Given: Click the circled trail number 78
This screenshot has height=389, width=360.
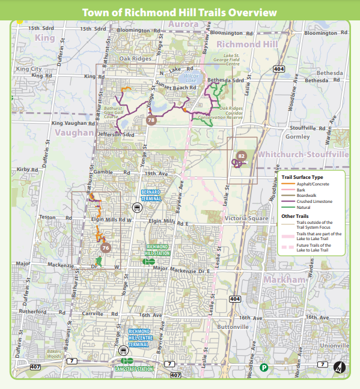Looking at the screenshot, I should (151, 120).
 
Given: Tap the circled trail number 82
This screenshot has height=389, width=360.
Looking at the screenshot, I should (242, 156).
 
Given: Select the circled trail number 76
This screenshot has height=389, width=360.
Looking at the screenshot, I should (106, 247).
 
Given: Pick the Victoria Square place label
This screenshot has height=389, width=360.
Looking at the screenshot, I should (245, 219).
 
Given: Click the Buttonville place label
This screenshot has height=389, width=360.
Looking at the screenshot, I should (233, 327).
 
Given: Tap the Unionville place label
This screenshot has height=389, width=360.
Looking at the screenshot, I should (334, 346).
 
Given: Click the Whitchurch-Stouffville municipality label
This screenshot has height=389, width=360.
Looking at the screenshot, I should (303, 154).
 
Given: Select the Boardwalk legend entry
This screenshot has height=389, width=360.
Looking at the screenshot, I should (305, 196).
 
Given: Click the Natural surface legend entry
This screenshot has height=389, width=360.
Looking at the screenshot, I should (304, 208).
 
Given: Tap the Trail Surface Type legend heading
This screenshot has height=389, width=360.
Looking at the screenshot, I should (302, 178).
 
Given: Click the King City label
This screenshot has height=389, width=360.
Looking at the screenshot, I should (29, 69).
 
